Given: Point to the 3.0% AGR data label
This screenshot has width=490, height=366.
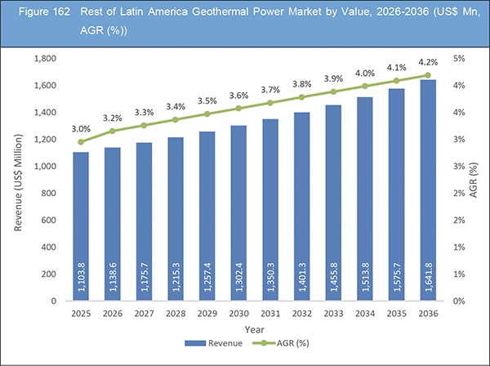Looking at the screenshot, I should pyautogui.click(x=81, y=128).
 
